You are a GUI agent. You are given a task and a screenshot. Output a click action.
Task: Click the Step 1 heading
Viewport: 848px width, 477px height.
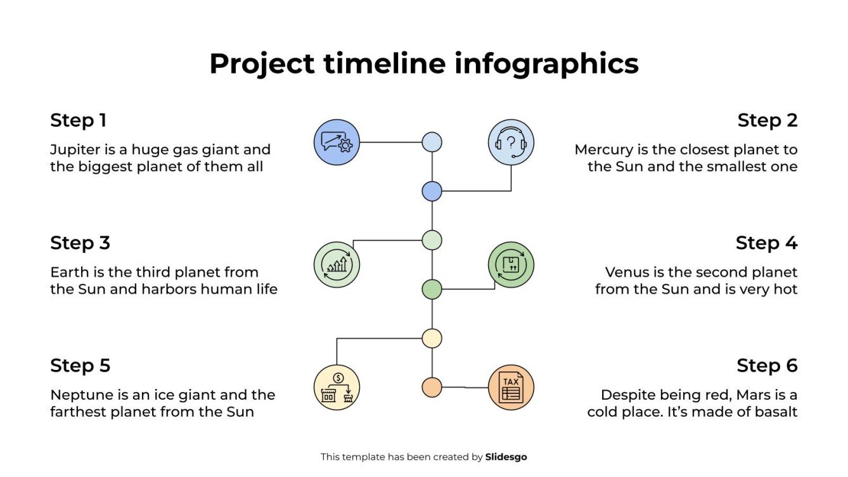(x=79, y=120)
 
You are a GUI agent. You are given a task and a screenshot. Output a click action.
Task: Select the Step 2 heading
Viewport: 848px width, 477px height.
(x=767, y=120)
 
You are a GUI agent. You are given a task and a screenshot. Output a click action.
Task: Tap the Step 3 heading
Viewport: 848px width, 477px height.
(x=80, y=243)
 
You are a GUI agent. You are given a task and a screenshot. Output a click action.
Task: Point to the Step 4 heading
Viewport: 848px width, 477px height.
(x=766, y=243)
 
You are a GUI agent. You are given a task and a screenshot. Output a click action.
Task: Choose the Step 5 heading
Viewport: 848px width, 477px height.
(x=80, y=366)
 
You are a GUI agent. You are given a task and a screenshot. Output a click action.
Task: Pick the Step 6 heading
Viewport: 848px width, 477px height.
(x=767, y=366)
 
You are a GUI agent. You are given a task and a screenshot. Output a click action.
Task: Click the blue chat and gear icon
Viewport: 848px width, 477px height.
(x=337, y=142)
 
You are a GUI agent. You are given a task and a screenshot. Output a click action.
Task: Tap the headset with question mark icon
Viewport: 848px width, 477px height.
(x=511, y=142)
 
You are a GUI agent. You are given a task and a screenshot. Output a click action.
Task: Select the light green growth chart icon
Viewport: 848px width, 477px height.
(x=337, y=265)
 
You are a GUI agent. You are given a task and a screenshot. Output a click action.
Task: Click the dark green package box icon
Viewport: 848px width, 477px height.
(x=511, y=265)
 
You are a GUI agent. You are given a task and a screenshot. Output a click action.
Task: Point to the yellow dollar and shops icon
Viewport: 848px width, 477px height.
(x=337, y=387)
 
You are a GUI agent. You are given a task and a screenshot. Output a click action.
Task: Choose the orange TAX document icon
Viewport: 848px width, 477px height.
(x=511, y=387)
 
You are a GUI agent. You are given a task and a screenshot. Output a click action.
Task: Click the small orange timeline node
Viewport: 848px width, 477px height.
(x=432, y=387)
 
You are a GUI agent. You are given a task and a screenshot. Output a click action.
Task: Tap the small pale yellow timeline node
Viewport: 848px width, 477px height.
(x=432, y=338)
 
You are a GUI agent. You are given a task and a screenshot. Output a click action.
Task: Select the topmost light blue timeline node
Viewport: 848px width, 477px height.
(x=432, y=142)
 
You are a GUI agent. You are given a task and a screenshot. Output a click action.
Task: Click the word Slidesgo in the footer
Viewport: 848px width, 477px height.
(x=506, y=457)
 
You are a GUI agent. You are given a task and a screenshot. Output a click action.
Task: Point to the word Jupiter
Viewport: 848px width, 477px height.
(x=74, y=150)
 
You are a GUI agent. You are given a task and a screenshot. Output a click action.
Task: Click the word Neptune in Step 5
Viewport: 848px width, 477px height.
(x=81, y=395)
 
